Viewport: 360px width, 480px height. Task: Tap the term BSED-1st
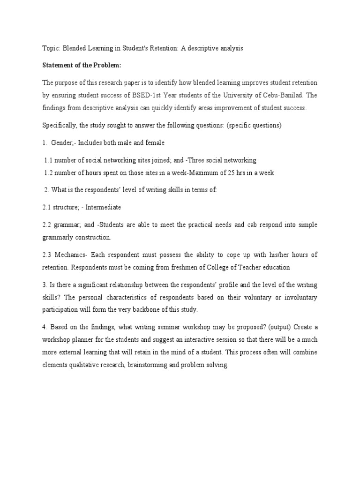click(166, 95)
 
